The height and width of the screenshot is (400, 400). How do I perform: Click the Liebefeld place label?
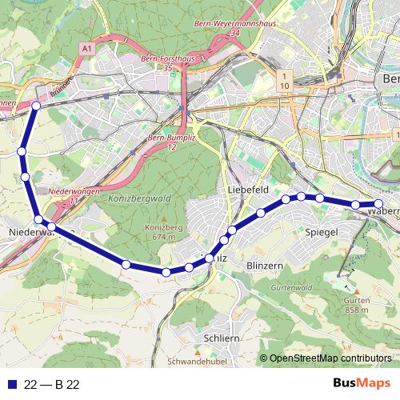[246, 189]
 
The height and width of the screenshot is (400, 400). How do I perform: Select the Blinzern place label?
[266, 265]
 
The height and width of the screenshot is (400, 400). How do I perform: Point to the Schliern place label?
[222, 338]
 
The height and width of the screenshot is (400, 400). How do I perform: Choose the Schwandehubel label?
[194, 362]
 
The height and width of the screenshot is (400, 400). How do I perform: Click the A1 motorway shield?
[86, 49]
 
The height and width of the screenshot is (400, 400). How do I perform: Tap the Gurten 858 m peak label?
[358, 305]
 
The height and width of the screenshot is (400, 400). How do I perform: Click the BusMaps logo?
[361, 382]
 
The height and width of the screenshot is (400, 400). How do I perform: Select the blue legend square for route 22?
[10, 383]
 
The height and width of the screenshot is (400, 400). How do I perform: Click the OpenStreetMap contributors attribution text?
[330, 358]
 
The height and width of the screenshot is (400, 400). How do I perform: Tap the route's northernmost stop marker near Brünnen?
[36, 105]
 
